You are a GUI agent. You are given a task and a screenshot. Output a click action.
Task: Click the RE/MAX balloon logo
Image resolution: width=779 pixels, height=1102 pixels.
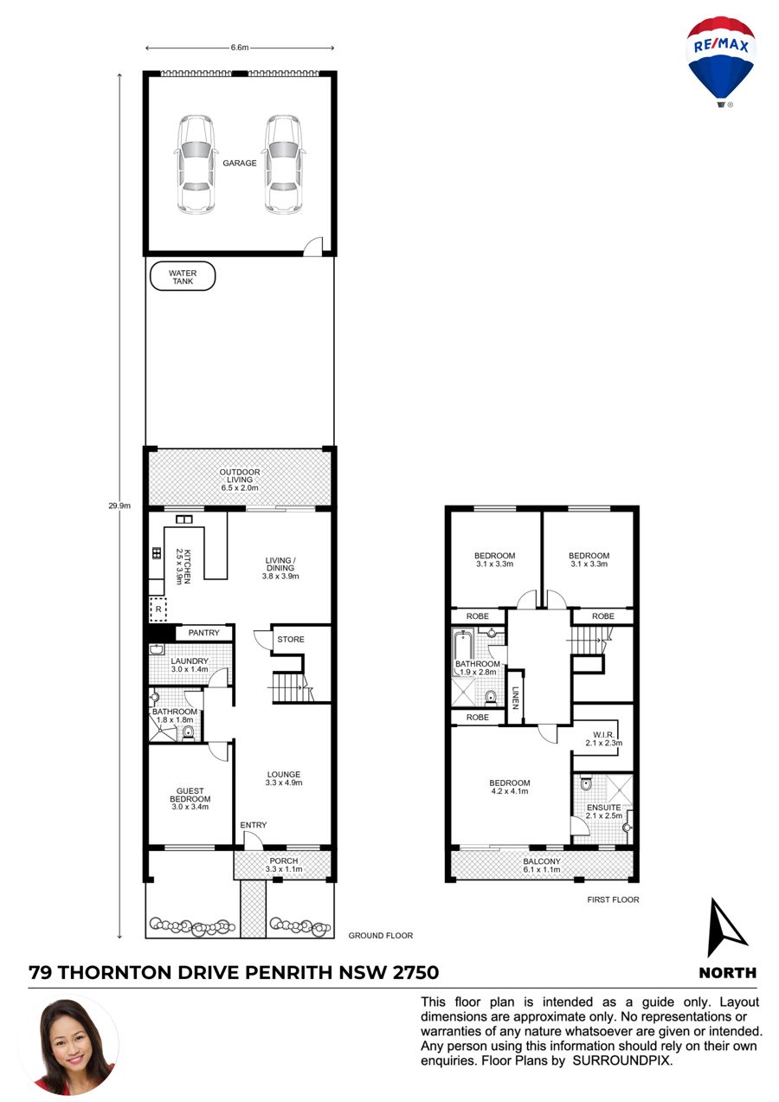720,61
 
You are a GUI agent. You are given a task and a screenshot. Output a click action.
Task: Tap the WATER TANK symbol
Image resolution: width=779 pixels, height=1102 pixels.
183,276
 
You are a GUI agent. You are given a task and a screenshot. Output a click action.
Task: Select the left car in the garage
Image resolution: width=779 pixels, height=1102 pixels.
196,164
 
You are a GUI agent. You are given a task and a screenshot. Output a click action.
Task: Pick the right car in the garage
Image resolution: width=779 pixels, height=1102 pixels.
283,164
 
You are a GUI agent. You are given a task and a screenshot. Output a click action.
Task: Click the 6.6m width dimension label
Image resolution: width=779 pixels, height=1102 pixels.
240,48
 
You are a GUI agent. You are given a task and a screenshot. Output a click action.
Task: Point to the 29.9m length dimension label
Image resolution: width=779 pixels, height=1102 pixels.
119,506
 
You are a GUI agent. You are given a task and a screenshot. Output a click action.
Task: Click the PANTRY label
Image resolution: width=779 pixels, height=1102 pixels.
203,633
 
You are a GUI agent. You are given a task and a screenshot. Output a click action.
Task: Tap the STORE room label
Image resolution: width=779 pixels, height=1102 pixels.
291,639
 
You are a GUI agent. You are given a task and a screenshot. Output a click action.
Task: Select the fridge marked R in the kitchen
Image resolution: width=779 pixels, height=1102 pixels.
158,609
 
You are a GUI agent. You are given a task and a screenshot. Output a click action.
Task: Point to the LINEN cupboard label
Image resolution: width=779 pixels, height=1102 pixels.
515,698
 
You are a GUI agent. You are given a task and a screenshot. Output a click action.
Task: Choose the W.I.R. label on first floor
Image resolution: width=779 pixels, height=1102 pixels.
603,734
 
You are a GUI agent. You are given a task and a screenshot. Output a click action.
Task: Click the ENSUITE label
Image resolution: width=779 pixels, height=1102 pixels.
603,808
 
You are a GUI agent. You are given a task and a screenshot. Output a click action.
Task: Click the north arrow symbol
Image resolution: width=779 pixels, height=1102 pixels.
726,928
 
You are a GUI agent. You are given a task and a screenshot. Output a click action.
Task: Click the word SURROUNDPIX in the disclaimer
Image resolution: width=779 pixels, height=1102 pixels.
621,1060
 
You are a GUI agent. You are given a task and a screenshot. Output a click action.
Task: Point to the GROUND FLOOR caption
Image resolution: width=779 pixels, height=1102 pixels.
381,935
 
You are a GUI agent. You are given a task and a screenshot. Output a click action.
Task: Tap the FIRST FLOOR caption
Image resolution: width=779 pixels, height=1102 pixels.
613,899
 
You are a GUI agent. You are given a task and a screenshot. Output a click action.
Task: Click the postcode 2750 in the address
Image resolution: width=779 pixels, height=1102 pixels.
415,973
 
